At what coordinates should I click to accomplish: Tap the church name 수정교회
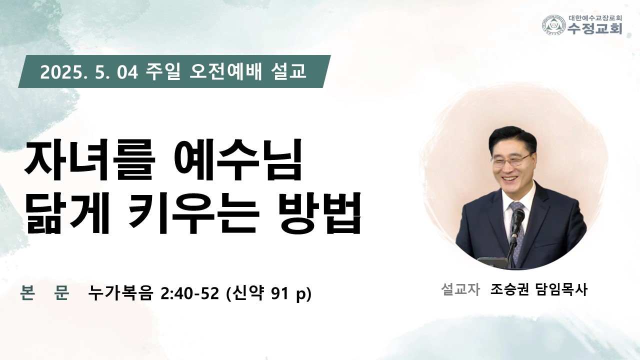tap(595, 28)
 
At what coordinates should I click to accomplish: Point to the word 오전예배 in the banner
tap(225, 71)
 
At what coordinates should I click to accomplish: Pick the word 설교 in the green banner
tap(287, 71)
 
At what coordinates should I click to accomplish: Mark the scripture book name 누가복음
tap(120, 293)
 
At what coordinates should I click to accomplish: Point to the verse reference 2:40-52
tap(189, 293)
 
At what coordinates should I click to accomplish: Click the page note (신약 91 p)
tap(269, 293)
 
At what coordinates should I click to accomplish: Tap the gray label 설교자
tap(460, 289)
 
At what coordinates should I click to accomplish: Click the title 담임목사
tap(561, 289)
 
